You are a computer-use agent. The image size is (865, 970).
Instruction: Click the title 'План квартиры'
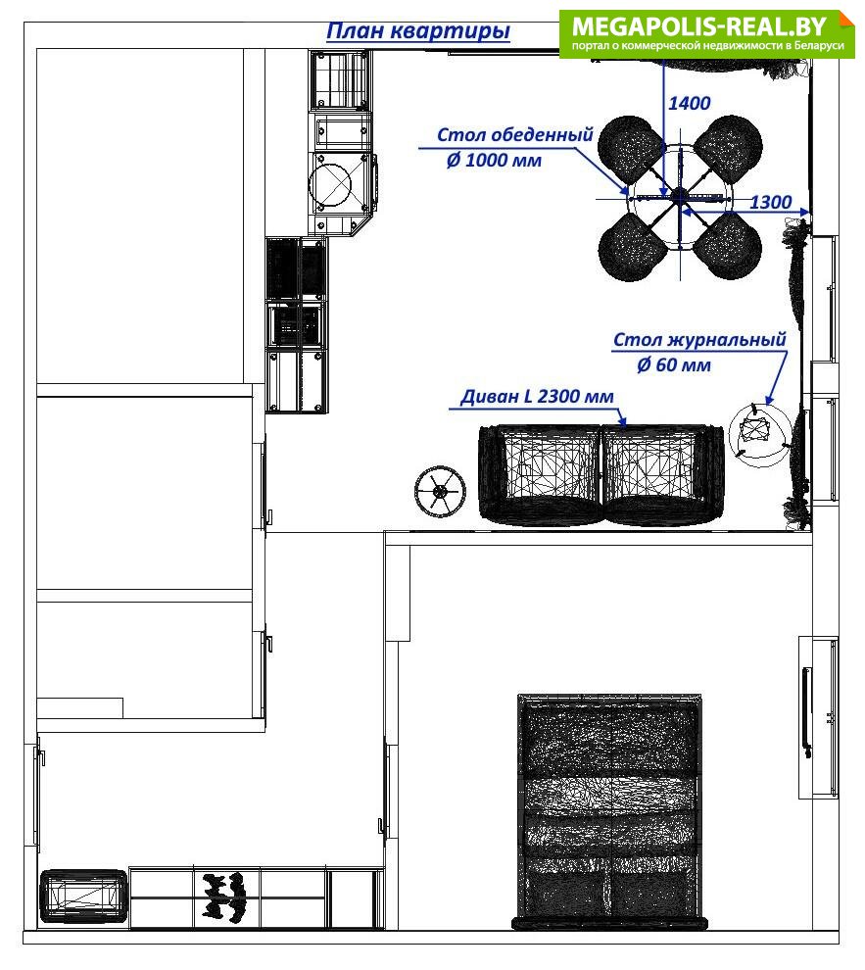418,31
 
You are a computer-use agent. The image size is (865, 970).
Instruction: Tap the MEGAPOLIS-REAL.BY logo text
698,26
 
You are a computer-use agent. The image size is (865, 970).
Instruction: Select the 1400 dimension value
689,103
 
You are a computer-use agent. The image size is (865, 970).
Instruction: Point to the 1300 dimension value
770,202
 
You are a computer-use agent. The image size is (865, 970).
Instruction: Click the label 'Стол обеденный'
515,134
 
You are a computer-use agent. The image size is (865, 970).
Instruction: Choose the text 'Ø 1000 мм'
494,161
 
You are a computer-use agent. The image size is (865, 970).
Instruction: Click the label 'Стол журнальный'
699,339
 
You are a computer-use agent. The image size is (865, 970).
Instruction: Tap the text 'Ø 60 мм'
674,365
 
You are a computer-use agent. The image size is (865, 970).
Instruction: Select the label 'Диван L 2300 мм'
537,396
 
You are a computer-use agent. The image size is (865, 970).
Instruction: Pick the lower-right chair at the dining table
728,245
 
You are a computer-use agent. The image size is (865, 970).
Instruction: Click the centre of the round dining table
680,197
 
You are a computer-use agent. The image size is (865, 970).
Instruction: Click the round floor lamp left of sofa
440,492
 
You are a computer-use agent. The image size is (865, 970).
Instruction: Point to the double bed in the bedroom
609,812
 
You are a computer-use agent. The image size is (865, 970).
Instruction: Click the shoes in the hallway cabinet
223,897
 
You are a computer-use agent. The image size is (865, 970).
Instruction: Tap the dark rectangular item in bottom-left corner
83,897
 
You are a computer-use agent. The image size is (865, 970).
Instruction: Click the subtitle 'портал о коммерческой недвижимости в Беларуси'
707,46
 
